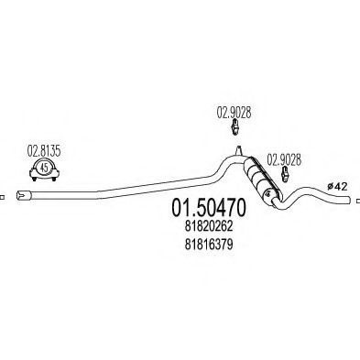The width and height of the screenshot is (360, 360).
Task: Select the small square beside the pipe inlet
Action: [x=4, y=195]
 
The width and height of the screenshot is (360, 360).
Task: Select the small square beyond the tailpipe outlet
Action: [x=356, y=196]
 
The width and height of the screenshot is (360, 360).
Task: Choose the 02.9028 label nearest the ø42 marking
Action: [x=282, y=159]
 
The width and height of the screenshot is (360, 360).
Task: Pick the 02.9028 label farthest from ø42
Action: [x=235, y=115]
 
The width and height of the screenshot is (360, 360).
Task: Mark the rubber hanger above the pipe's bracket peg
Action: [x=235, y=132]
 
